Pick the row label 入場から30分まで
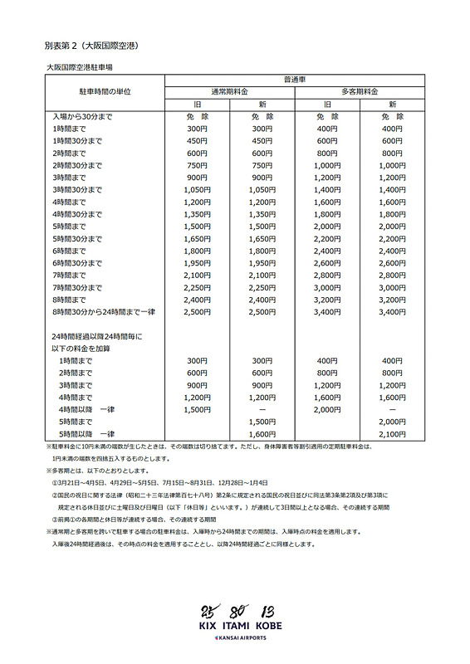coord(82,117)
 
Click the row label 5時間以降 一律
coord(86,434)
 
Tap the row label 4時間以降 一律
coord(86,409)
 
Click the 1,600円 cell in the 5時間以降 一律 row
coord(261,434)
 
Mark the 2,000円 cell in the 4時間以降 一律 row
coord(328,409)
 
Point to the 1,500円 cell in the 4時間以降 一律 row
coord(198,409)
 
